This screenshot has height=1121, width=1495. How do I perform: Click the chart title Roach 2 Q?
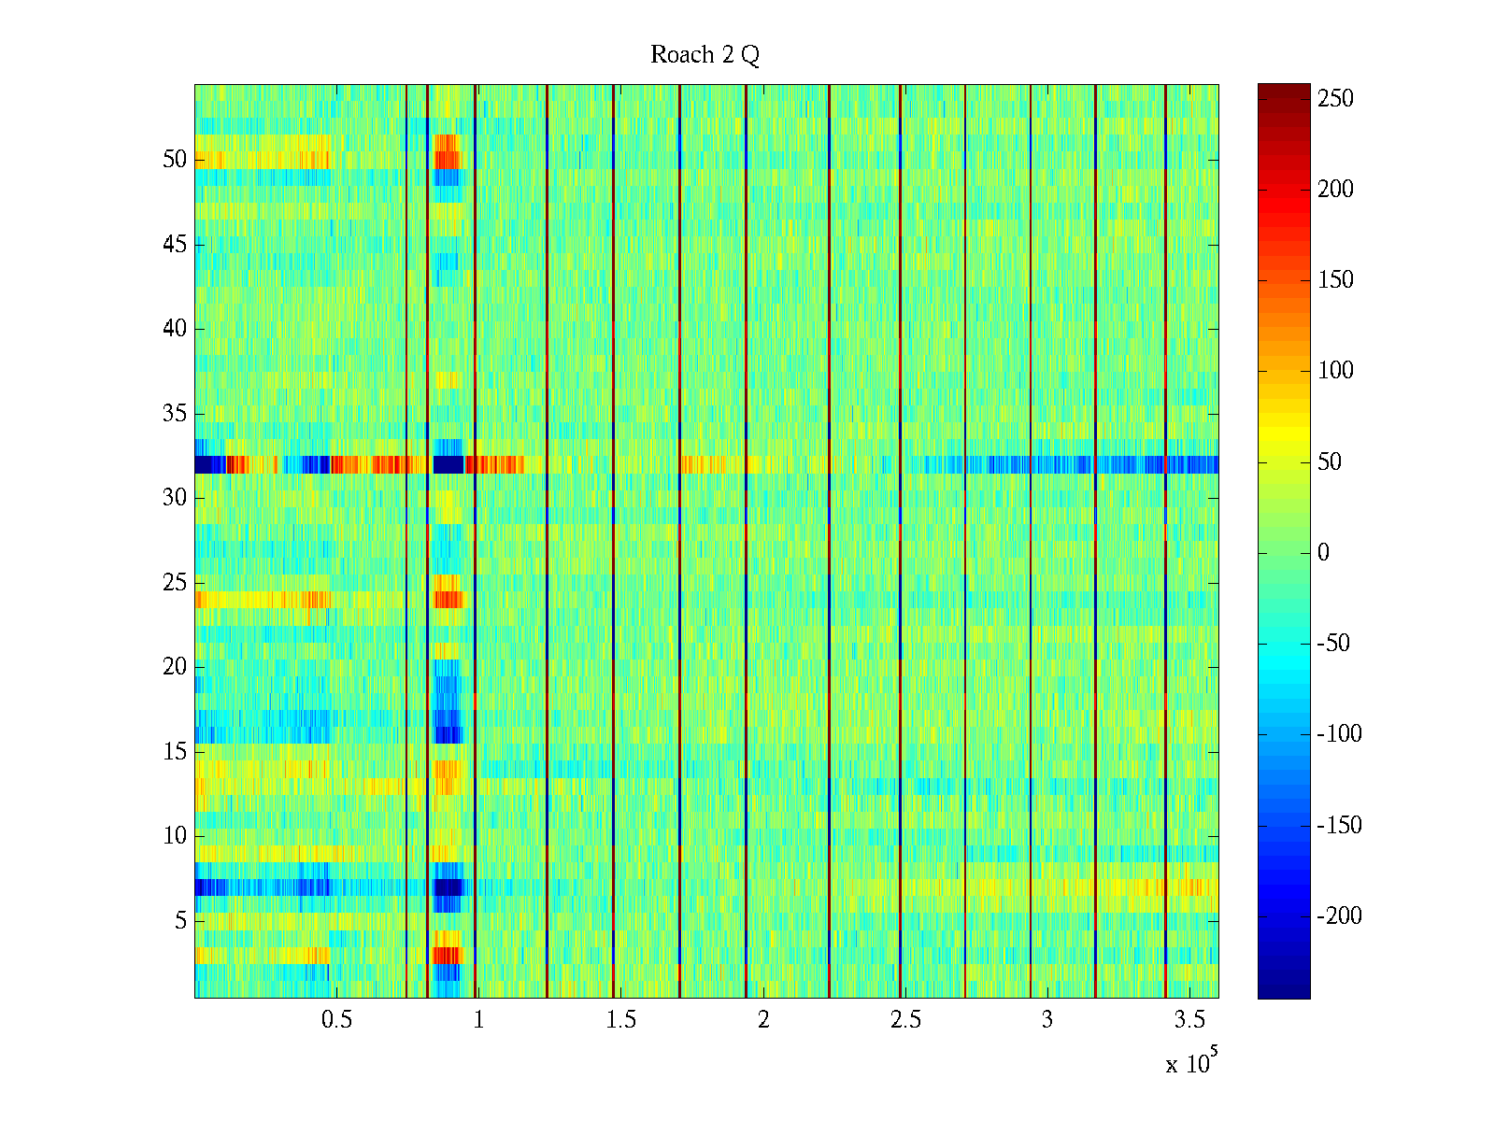click(705, 55)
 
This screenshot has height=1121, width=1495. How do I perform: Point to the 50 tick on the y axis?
click(175, 160)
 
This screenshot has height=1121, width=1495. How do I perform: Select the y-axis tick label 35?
click(175, 414)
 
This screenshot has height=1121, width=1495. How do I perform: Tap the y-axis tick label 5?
click(180, 921)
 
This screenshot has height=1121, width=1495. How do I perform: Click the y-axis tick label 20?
click(175, 667)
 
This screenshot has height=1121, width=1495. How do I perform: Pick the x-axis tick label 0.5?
click(336, 1020)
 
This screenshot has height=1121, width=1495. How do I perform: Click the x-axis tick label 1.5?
click(621, 1020)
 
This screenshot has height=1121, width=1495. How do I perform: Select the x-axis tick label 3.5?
click(1189, 1020)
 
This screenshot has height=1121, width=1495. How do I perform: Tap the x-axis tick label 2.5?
click(905, 1020)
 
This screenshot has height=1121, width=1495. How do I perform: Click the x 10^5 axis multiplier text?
click(1191, 1063)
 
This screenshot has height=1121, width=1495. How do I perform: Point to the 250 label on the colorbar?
click(1335, 99)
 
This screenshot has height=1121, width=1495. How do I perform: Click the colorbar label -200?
click(1339, 916)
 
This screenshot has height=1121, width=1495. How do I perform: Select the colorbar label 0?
click(1323, 553)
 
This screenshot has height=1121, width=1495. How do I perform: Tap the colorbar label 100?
click(1335, 371)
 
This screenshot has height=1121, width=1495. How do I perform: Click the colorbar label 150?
click(1335, 280)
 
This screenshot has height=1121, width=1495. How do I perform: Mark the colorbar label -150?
click(1339, 826)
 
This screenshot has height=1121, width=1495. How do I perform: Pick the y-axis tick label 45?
click(175, 245)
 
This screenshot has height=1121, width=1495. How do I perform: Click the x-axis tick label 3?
click(1047, 1020)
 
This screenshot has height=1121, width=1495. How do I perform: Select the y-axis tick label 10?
click(175, 836)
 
